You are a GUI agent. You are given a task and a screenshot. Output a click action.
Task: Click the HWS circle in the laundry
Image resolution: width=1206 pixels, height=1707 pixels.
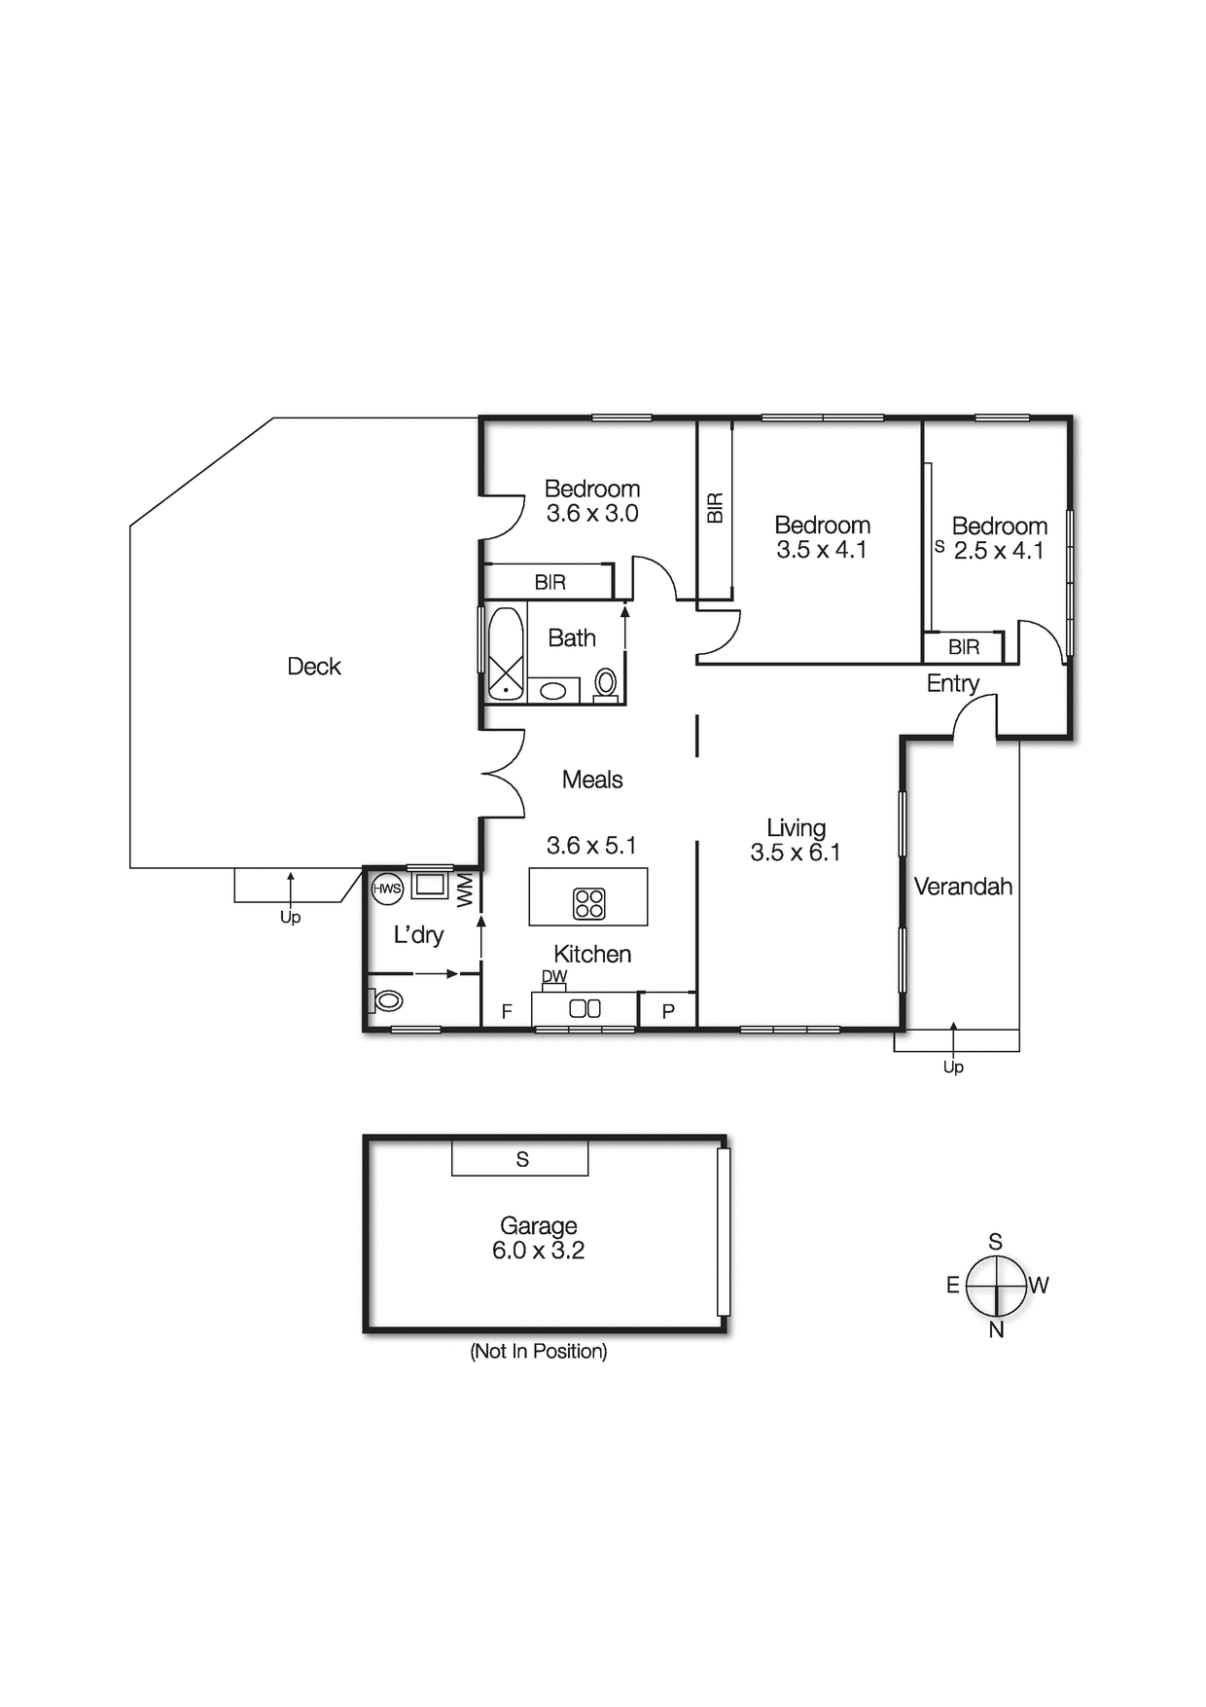387,889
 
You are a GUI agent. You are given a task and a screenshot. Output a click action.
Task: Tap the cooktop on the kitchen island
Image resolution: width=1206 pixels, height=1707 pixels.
589,903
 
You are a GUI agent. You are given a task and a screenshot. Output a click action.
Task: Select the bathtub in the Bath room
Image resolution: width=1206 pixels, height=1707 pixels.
506,652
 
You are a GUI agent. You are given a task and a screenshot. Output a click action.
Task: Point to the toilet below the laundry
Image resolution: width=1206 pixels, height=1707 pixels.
387,1000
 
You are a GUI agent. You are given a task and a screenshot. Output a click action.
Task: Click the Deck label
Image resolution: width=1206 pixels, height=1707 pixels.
314,667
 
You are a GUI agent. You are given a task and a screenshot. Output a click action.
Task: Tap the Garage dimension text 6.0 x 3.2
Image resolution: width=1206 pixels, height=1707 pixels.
538,1251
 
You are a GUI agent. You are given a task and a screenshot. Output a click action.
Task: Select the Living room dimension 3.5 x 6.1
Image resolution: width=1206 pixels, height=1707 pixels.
795,853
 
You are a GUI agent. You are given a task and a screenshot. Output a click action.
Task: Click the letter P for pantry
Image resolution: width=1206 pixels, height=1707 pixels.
668,1012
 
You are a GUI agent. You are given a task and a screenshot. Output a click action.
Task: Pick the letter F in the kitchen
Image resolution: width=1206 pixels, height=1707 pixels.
507,1012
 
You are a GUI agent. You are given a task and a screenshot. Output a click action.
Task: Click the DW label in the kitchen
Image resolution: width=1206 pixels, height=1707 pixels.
554,976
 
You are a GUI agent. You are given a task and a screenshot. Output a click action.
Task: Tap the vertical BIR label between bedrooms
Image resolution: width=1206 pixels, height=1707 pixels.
716,507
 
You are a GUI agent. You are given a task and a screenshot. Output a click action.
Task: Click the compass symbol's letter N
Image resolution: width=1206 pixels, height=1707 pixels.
996,1330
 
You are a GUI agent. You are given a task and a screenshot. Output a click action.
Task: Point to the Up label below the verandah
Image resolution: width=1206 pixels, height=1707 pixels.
953,1068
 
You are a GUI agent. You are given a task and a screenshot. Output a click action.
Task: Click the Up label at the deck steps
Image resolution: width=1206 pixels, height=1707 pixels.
290,918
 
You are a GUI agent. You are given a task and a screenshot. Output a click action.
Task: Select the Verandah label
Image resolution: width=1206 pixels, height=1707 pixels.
963,887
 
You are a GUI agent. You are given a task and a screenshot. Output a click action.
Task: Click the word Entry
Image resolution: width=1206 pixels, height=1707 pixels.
952,683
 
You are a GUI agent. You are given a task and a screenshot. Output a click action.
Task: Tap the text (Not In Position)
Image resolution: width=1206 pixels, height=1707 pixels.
538,1351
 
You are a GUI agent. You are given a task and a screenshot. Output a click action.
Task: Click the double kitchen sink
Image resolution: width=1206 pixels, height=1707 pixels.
585,1009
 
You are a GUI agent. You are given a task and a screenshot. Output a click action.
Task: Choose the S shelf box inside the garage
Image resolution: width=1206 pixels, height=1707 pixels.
521,1159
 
